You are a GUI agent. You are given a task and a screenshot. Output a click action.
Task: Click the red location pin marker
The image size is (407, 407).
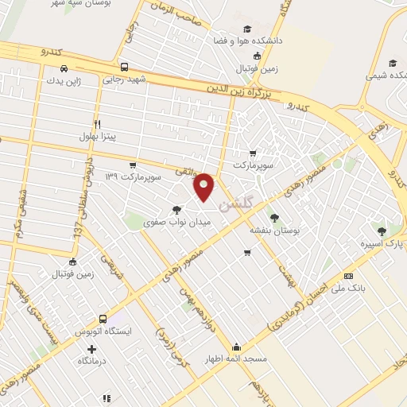coord(205,187)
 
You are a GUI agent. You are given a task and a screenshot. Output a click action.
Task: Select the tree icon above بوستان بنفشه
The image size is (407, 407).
coord(274,215)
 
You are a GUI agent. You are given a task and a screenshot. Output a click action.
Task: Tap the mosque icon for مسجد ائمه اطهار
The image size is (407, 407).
coord(236,347)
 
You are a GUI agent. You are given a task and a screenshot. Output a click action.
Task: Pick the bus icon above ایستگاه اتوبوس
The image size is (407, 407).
coord(103,317)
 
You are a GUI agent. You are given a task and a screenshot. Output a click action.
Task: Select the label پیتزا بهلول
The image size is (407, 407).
coord(97,137)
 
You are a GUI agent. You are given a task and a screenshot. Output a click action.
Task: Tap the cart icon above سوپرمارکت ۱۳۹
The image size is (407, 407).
coord(133,164)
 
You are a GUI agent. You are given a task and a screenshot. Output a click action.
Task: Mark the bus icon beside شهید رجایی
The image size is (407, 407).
coord(124,67)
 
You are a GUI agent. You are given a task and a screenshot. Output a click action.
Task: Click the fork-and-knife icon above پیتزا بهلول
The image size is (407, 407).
coord(97,124)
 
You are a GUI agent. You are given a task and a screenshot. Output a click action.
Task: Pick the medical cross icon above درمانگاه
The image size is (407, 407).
coord(93,349)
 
